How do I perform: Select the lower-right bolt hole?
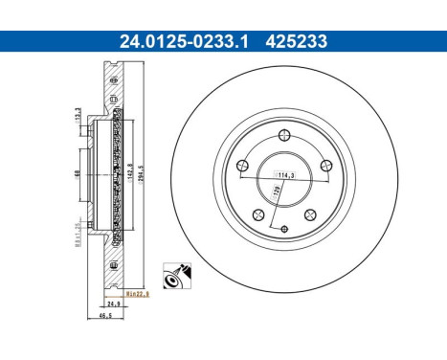click(x=308, y=214)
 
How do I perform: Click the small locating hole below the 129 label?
click(x=286, y=227)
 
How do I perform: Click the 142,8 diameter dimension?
click(x=128, y=173)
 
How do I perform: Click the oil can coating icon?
click(x=176, y=276)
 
